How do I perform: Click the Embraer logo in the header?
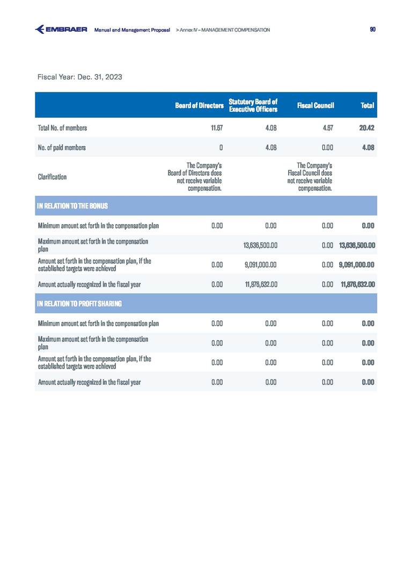click(61, 30)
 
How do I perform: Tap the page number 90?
click(373, 30)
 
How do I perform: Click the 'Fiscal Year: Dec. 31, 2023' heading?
click(80, 77)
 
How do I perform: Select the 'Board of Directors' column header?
click(199, 106)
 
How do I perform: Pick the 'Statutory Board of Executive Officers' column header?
click(253, 105)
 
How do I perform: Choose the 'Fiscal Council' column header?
click(315, 106)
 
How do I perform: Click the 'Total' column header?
click(368, 106)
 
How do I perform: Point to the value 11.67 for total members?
click(216, 128)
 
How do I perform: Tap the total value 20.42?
click(366, 128)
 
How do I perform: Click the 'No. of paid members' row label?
click(62, 147)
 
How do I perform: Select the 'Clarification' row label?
click(52, 176)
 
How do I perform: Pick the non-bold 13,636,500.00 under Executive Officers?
click(260, 245)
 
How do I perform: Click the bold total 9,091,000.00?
click(357, 264)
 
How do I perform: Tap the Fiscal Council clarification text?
click(310, 176)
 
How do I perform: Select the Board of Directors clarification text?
click(195, 176)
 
